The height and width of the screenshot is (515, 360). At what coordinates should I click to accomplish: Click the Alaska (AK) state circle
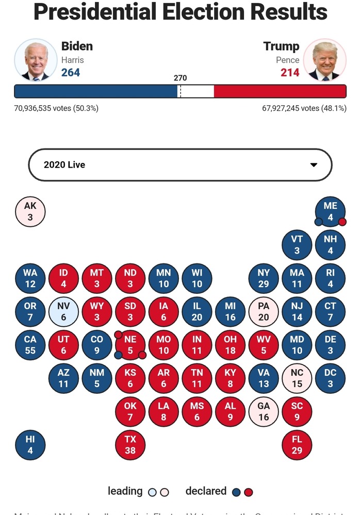(x=30, y=212)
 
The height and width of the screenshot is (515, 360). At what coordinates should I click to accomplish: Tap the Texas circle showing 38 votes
(x=130, y=445)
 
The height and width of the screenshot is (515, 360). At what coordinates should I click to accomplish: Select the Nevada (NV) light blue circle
(x=63, y=311)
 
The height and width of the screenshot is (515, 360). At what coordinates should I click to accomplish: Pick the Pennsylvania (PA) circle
(x=264, y=311)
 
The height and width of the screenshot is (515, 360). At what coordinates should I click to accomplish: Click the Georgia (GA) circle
(x=264, y=411)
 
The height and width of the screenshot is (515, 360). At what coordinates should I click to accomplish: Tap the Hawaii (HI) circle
(x=30, y=445)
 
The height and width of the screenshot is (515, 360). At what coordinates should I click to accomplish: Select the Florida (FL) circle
(x=297, y=445)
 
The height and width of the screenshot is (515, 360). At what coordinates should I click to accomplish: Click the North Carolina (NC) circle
(x=297, y=378)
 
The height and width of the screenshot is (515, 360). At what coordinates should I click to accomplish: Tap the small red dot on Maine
(x=342, y=222)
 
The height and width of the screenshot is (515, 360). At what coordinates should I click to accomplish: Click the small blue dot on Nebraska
(x=119, y=355)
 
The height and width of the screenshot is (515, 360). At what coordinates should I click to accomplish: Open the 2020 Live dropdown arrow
(x=313, y=165)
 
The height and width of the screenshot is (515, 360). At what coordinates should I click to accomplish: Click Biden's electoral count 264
(x=71, y=73)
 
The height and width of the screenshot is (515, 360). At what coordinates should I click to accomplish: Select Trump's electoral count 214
(x=290, y=73)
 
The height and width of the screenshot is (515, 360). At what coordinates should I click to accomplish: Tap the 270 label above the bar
(x=180, y=78)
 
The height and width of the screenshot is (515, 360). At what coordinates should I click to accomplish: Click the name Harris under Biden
(x=72, y=60)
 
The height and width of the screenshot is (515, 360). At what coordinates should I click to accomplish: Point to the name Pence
(x=287, y=60)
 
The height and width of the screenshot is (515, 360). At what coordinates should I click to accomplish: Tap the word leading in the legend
(x=125, y=491)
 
